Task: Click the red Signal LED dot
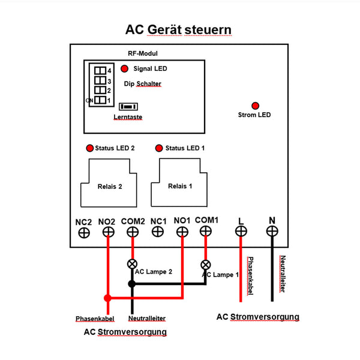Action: click(125, 68)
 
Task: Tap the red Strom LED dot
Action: click(255, 105)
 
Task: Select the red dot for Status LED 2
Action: click(90, 148)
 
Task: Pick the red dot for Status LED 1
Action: click(159, 148)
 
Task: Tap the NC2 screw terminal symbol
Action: click(84, 232)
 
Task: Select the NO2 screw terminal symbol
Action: click(109, 231)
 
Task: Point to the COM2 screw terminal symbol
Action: click(133, 231)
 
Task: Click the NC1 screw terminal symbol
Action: click(158, 232)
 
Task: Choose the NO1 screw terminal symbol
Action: click(182, 231)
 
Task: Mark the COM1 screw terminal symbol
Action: click(206, 231)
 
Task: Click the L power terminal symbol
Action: click(241, 231)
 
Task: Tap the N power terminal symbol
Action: click(272, 231)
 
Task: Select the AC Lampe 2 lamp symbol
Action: click(132, 264)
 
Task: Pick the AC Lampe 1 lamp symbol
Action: click(206, 264)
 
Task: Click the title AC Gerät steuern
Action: click(178, 29)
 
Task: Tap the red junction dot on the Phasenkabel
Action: click(107, 298)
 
